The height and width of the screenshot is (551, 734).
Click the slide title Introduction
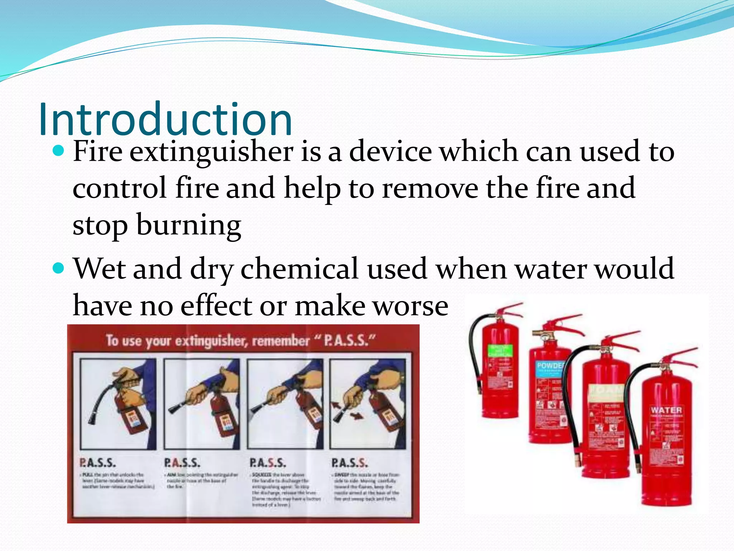165,119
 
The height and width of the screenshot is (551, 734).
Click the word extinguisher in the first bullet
211,152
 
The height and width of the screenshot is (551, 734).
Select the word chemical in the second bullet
299,269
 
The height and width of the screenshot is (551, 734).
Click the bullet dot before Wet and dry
58,268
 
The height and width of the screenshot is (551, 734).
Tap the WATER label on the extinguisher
666,410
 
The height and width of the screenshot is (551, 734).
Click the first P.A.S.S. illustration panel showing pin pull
118,404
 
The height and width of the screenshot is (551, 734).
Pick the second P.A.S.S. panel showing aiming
202,404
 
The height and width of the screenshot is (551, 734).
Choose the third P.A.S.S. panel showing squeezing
285,404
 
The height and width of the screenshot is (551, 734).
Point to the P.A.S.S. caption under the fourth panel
349,463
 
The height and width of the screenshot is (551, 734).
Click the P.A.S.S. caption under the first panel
97,463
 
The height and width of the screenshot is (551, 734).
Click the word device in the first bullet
391,152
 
